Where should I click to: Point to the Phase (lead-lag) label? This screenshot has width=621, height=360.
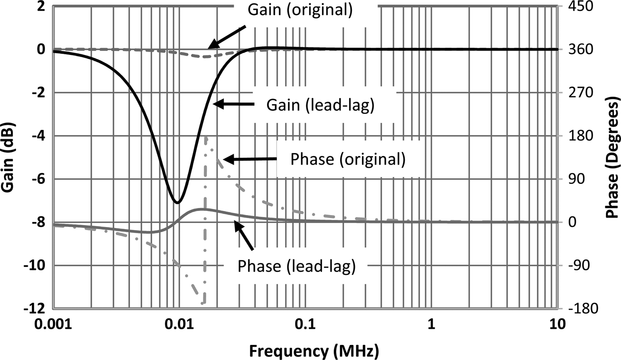[296, 266]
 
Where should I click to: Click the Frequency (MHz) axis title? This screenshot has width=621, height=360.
[314, 351]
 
